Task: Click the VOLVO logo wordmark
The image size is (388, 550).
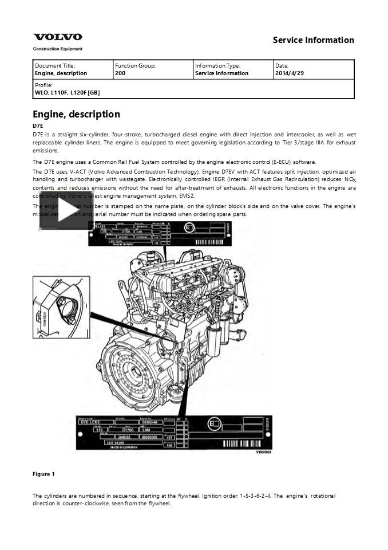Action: pyautogui.click(x=57, y=37)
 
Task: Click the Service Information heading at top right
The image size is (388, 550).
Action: pyautogui.click(x=313, y=40)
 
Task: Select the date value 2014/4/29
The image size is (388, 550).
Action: pyautogui.click(x=289, y=73)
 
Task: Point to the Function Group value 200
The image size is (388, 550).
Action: pyautogui.click(x=120, y=73)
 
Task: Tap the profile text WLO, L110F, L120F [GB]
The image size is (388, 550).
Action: pyautogui.click(x=68, y=92)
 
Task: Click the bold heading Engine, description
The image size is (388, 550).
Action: pyautogui.click(x=76, y=114)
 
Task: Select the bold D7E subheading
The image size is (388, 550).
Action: pyautogui.click(x=38, y=125)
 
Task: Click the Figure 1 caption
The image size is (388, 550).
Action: pyautogui.click(x=44, y=474)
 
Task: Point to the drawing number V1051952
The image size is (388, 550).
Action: pyautogui.click(x=263, y=452)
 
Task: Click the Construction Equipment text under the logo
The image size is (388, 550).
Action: pyautogui.click(x=58, y=49)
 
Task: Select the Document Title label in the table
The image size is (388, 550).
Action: pyautogui.click(x=55, y=66)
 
